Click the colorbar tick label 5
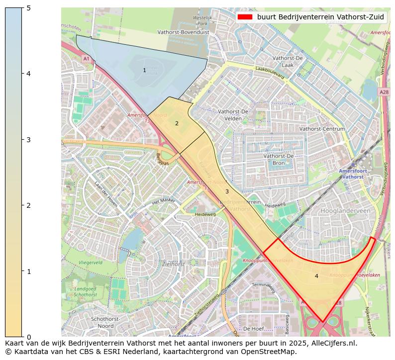tap(28, 8)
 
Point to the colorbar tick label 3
tap(28, 140)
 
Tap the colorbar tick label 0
tap(28, 337)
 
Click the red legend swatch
tap(245, 16)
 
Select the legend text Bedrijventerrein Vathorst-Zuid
tap(320, 16)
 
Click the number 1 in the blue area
tap(144, 71)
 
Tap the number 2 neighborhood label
tap(176, 123)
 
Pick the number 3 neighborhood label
tap(227, 191)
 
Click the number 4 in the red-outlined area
tap(316, 276)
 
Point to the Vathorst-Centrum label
tap(322, 129)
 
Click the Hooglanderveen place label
tap(346, 211)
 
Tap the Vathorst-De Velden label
tap(233, 115)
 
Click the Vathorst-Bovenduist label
tap(183, 32)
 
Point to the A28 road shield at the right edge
tap(384, 92)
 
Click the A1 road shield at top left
tap(86, 59)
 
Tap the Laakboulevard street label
tap(269, 73)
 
